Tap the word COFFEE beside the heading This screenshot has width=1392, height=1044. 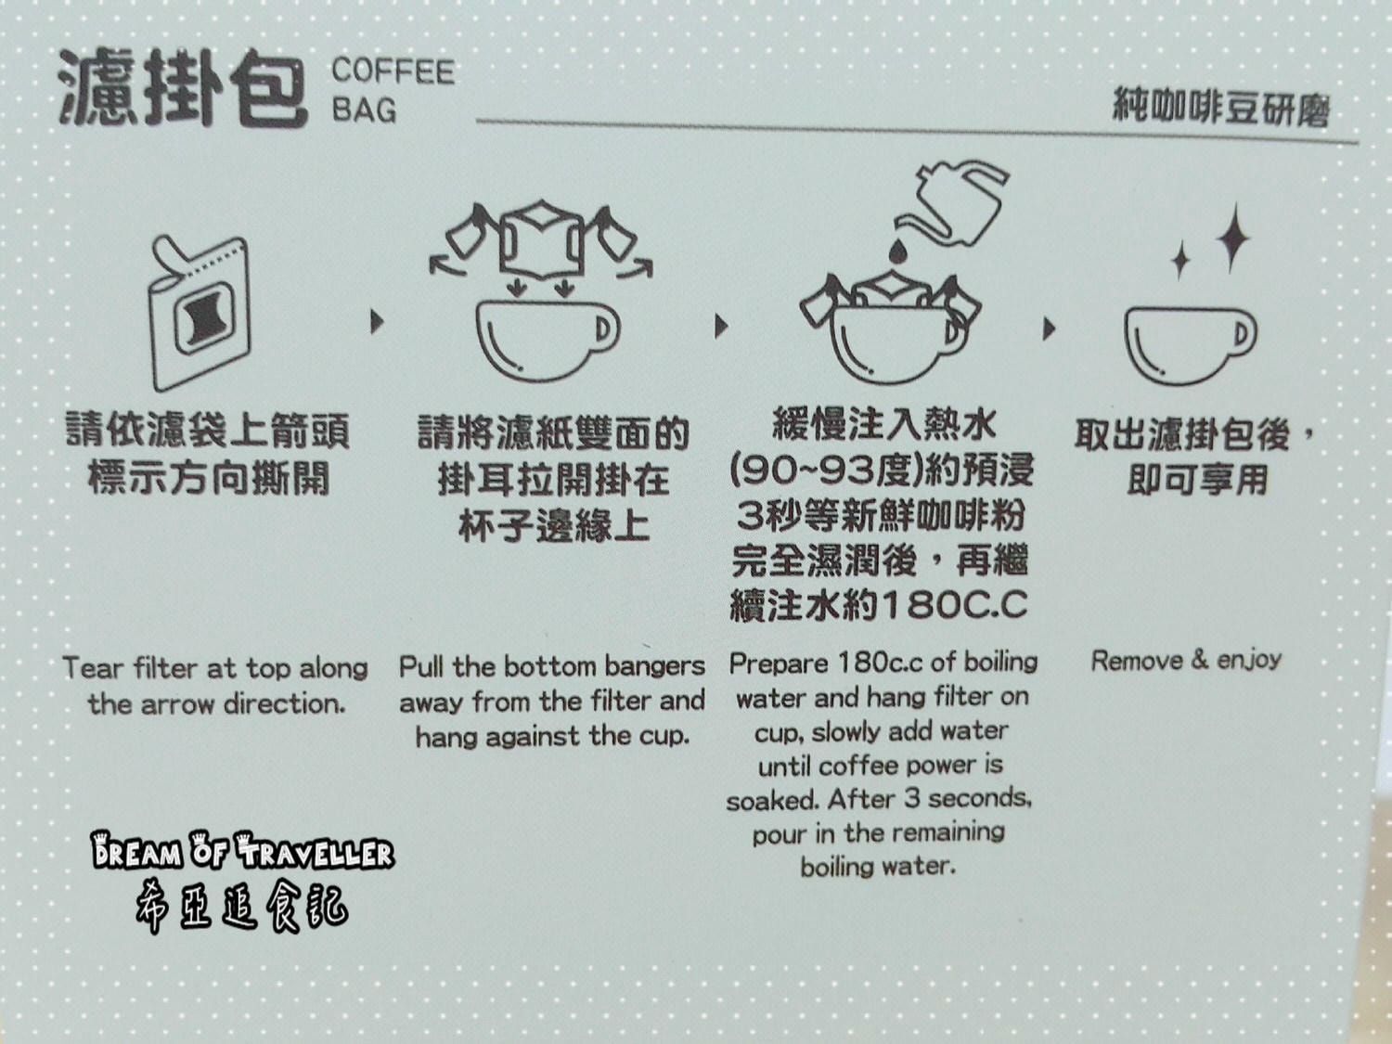click(393, 71)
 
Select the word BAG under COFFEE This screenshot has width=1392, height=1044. click(364, 110)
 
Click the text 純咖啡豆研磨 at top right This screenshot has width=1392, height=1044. click(1220, 109)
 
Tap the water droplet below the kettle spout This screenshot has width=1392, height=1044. click(898, 251)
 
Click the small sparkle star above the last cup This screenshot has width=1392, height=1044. click(1180, 259)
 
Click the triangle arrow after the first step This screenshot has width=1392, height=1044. click(376, 322)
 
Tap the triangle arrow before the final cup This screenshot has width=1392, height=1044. click(1050, 329)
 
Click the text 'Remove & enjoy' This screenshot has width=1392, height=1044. click(1186, 660)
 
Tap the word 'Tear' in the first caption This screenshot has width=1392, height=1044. click(93, 668)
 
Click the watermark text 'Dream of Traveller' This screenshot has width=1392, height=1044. click(242, 850)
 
